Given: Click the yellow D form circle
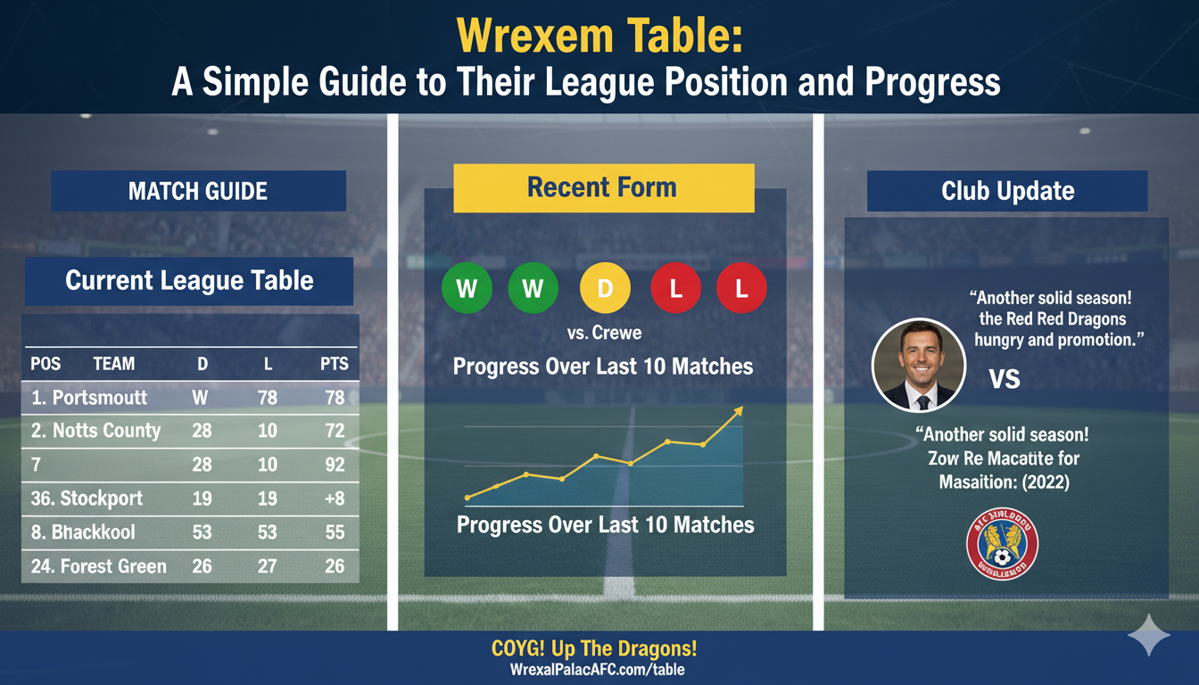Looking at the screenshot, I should pyautogui.click(x=605, y=288).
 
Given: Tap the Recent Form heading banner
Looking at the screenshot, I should pyautogui.click(x=603, y=188).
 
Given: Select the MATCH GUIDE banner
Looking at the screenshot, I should pyautogui.click(x=198, y=191).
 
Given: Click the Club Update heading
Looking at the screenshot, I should pyautogui.click(x=1007, y=191).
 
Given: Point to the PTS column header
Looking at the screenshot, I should pyautogui.click(x=334, y=364).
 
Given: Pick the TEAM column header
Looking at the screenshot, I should pyautogui.click(x=113, y=364).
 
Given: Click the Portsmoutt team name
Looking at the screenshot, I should pyautogui.click(x=88, y=398).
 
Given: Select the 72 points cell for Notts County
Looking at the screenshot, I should pyautogui.click(x=335, y=431).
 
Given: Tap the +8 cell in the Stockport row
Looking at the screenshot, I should pyautogui.click(x=335, y=499).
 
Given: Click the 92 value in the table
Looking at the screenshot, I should pyautogui.click(x=335, y=465).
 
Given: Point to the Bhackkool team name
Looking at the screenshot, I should pyautogui.click(x=83, y=532).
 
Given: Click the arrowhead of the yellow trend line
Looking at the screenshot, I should pyautogui.click(x=738, y=411).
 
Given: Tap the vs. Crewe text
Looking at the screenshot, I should pyautogui.click(x=604, y=334).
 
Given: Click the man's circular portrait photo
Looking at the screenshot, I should pyautogui.click(x=917, y=364).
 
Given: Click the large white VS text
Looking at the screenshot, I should pyautogui.click(x=1005, y=379).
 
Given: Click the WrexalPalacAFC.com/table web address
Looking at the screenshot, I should pyautogui.click(x=599, y=670).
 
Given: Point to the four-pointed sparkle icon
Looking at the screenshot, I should pyautogui.click(x=1148, y=635).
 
